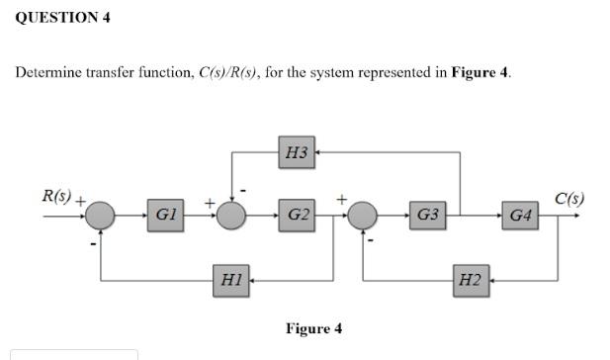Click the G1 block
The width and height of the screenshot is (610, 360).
coord(166,214)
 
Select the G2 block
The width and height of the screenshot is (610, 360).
coord(298,214)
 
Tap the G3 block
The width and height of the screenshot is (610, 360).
coord(428,214)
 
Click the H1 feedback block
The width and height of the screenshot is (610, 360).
coord(232,280)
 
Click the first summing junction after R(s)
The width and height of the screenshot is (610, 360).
coord(101,215)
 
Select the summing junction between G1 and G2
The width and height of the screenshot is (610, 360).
coord(232,215)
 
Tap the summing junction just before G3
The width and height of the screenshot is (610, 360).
coord(364,215)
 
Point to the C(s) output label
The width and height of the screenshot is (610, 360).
coord(569,198)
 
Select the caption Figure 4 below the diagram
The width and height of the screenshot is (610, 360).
coord(313,328)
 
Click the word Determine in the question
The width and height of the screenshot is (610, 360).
coord(47,74)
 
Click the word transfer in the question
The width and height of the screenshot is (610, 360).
coord(110,74)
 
